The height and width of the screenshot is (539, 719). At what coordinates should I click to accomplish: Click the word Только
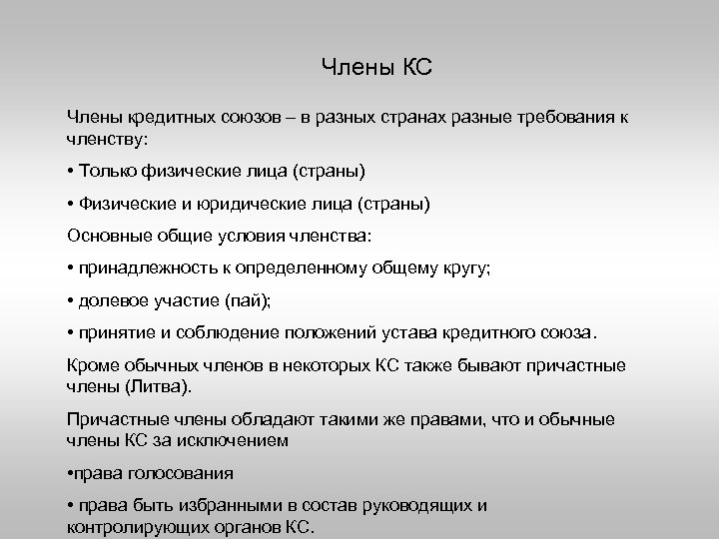coord(109,172)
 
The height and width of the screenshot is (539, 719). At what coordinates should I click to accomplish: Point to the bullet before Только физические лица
coord(71,172)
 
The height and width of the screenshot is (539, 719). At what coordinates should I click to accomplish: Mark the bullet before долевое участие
coord(71,300)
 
